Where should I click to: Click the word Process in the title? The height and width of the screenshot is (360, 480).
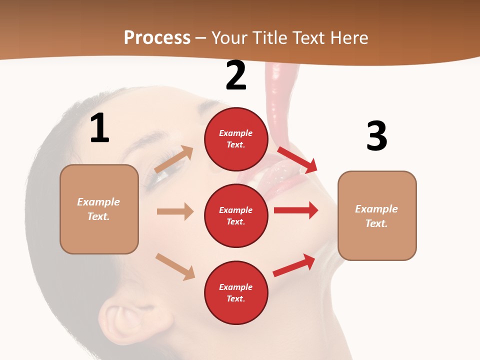click(x=157, y=38)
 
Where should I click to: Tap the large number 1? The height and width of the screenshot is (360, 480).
click(x=99, y=128)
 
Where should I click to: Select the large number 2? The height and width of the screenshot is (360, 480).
click(x=236, y=75)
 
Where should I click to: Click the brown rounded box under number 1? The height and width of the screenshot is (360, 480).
click(x=99, y=209)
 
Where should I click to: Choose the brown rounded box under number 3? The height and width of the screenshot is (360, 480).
click(x=377, y=215)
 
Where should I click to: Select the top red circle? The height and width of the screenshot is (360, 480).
click(x=236, y=138)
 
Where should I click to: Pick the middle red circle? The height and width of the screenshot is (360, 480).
click(x=236, y=215)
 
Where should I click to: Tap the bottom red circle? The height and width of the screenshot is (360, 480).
click(x=236, y=292)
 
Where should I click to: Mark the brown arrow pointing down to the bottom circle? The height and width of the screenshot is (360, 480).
click(x=175, y=266)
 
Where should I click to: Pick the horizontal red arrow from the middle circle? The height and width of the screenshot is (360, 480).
click(x=296, y=210)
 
